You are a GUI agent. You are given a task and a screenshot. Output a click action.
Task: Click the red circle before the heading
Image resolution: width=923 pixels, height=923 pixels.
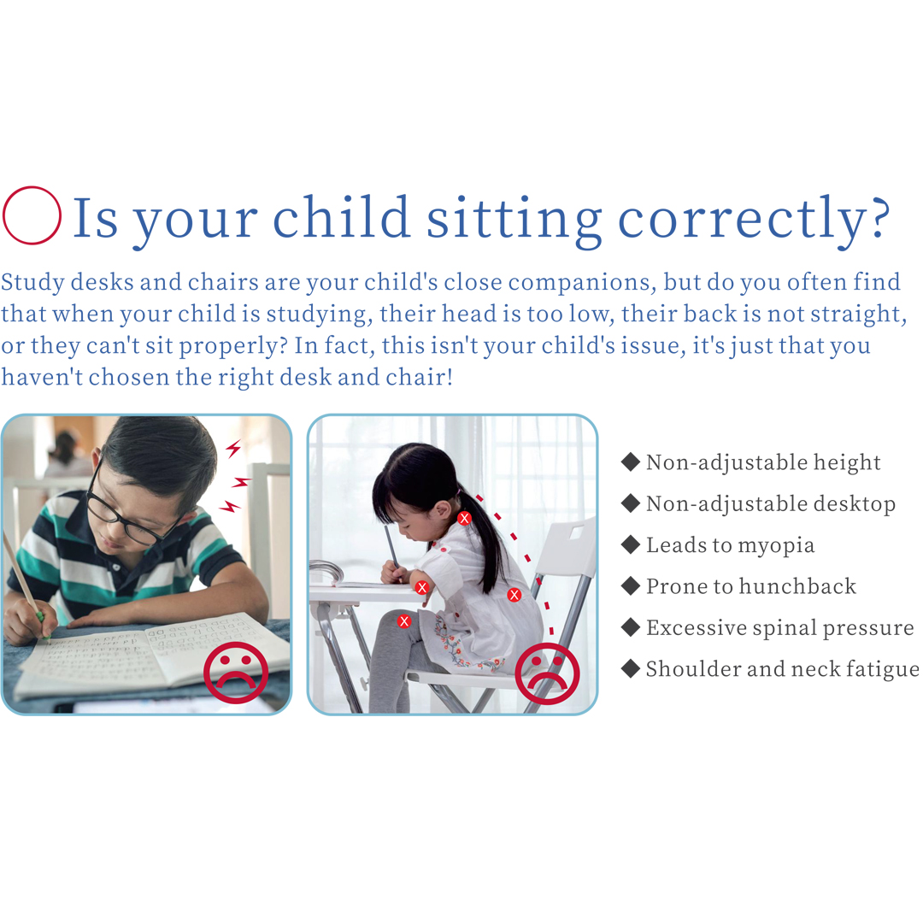coord(32,187)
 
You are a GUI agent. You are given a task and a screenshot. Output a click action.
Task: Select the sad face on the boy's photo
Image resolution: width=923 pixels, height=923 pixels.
coord(236,672)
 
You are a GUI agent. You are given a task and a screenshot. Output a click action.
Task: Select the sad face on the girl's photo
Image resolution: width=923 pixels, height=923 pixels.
coord(548,673)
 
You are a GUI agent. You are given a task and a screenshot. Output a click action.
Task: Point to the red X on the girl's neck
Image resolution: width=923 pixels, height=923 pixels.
coord(464,519)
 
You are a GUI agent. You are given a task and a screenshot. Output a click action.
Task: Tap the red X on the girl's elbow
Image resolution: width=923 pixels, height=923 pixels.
coord(422,587)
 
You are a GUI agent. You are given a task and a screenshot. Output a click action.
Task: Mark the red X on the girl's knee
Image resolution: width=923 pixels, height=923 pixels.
coord(403,621)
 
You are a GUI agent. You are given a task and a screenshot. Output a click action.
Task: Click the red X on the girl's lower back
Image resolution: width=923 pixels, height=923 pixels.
coord(514,595)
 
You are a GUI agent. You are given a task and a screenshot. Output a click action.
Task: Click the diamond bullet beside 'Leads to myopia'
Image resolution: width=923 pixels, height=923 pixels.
coord(631,544)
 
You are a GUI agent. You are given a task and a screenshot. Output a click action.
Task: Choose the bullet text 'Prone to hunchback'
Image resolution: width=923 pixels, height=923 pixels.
coord(751,586)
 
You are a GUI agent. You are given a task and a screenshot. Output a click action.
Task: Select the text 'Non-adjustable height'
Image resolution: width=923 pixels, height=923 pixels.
coord(763,462)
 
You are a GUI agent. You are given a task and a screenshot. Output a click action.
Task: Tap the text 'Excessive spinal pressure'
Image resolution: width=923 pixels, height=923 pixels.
coord(780,628)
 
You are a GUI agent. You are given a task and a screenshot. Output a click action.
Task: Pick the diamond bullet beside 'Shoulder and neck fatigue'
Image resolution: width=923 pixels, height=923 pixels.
coord(631,668)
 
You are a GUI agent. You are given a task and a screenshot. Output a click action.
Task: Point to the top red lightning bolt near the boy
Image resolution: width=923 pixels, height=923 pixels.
coord(234,449)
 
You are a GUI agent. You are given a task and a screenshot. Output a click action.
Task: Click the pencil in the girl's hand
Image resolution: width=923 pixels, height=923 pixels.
coord(392,549)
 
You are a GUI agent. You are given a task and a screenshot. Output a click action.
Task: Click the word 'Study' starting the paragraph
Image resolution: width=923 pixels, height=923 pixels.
coord(32,283)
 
